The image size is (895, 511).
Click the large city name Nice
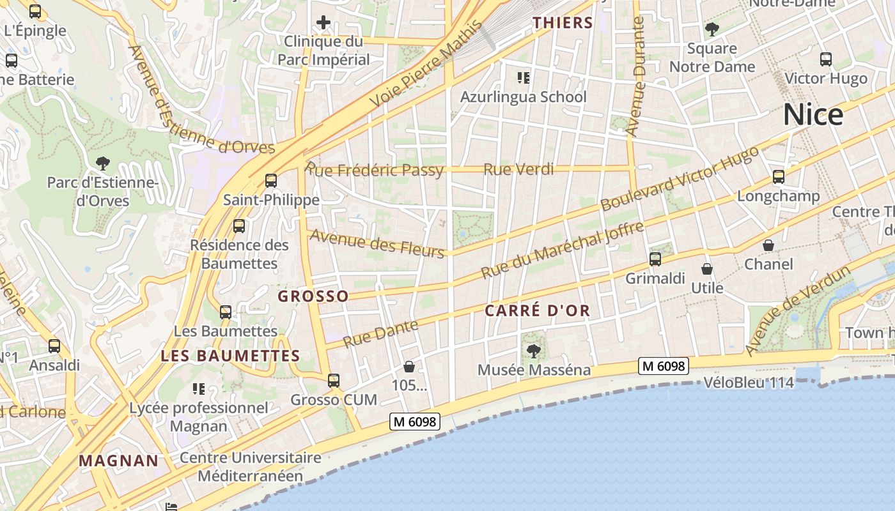[813, 115]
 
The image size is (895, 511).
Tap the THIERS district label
[563, 23]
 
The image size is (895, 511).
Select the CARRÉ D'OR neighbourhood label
[537, 311]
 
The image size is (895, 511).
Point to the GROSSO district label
[313, 296]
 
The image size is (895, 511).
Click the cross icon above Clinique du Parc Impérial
[323, 23]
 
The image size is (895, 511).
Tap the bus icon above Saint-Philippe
[271, 181]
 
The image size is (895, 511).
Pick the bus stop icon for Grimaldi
[655, 259]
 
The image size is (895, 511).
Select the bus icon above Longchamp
[778, 177]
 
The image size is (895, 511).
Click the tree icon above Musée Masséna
[533, 351]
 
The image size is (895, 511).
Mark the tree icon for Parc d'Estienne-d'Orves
[102, 164]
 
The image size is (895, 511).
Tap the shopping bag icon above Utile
[707, 269]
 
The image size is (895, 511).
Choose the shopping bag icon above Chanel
[768, 245]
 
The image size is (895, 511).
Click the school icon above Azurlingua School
[524, 78]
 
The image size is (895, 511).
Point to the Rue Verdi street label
[518, 169]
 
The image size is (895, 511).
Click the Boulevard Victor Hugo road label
[679, 179]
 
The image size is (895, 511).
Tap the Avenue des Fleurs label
[377, 243]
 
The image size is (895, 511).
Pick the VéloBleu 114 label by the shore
[748, 383]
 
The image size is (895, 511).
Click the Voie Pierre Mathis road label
[425, 65]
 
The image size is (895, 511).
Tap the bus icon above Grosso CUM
[334, 381]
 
